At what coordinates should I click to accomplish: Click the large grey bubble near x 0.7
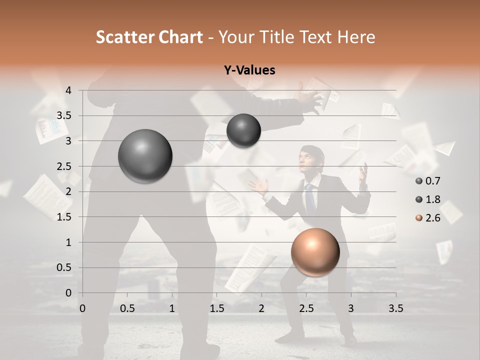[x=145, y=156]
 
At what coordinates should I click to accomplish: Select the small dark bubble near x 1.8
[x=243, y=130]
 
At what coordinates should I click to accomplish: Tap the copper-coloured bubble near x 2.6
[x=315, y=252]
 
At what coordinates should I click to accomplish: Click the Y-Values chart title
[x=249, y=70]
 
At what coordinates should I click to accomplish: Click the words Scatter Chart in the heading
[x=149, y=37]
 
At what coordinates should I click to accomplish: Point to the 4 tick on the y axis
[x=68, y=90]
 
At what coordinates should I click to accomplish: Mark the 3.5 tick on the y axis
[x=64, y=116]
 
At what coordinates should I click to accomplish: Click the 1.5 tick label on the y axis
[x=64, y=217]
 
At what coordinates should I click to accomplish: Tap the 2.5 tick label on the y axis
[x=64, y=166]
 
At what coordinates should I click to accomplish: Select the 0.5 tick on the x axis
[x=127, y=308]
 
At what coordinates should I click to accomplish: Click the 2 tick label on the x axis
[x=261, y=308]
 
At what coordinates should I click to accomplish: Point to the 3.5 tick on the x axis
[x=395, y=308]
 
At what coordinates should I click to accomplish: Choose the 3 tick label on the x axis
[x=351, y=308]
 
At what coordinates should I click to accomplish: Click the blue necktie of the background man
[x=310, y=198]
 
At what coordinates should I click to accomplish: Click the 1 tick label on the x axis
[x=172, y=308]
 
